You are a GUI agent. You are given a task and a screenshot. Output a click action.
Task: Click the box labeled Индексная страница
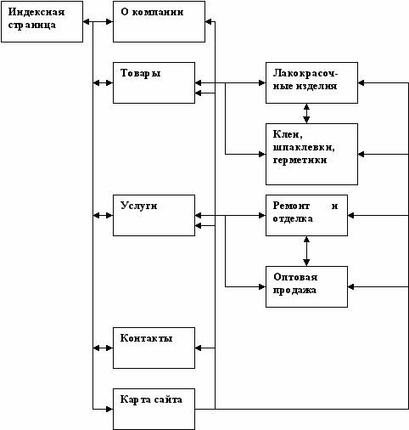[x=42, y=21]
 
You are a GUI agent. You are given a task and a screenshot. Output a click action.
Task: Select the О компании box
[x=159, y=21]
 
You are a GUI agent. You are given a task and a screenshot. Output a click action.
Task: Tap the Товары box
[x=154, y=82]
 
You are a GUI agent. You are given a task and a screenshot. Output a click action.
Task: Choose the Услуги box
[x=154, y=215]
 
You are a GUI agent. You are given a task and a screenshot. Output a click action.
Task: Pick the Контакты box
[x=154, y=348]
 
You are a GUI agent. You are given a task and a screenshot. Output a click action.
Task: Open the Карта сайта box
[x=154, y=409]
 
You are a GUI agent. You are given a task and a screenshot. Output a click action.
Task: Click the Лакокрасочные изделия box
[x=311, y=82]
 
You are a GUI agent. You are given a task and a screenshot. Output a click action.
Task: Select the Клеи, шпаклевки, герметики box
[x=311, y=154]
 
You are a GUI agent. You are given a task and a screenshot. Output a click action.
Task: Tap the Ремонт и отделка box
[x=306, y=215]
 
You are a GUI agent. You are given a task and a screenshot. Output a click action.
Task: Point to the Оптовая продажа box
[x=306, y=286]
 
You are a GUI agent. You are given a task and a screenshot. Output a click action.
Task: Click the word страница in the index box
[x=32, y=25]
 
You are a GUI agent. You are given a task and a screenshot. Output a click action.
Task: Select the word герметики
[x=300, y=161]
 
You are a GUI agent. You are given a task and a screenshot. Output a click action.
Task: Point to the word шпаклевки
[x=304, y=148]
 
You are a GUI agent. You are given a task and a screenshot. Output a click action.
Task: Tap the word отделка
[x=293, y=219]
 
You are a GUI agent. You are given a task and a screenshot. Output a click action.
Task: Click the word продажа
[x=294, y=291]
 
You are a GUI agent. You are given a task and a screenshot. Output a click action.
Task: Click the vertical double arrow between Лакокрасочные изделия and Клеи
[x=306, y=113]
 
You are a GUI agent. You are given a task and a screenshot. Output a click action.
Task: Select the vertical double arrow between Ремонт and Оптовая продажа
[x=306, y=251]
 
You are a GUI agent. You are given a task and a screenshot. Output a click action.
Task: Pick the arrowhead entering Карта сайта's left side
[x=109, y=409]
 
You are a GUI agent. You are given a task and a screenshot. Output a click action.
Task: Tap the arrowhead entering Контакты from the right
[x=199, y=348]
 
